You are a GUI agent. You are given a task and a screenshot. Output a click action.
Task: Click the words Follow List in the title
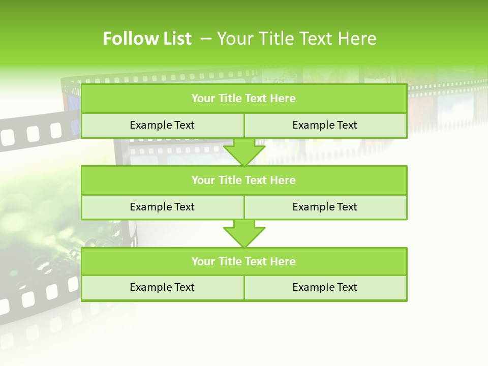click(x=147, y=39)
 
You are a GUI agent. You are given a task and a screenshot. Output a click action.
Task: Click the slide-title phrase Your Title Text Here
click(x=297, y=39)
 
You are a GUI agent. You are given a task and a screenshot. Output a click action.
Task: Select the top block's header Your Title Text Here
click(x=243, y=99)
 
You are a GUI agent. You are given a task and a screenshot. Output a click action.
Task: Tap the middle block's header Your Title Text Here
click(x=243, y=180)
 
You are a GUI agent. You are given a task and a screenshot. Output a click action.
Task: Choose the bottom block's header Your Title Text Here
click(x=243, y=261)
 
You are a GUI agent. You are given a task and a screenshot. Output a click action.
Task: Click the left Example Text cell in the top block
click(x=162, y=125)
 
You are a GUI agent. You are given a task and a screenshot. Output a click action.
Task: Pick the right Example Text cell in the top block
click(x=325, y=125)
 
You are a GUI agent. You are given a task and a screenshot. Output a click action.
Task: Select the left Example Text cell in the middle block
click(x=162, y=207)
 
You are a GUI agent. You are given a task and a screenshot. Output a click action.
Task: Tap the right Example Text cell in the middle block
click(x=325, y=207)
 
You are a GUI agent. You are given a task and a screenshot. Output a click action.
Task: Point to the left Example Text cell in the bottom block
click(x=162, y=287)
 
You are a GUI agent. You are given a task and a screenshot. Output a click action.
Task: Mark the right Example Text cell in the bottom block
click(x=325, y=287)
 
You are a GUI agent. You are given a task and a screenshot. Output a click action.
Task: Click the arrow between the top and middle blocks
click(x=244, y=152)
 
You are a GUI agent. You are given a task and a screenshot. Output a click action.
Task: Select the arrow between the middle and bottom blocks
click(x=244, y=234)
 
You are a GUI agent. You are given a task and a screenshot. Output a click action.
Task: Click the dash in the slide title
click(x=206, y=39)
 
